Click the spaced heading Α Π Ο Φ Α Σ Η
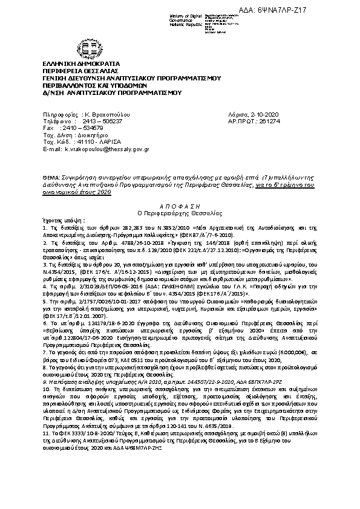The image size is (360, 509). click(180, 206)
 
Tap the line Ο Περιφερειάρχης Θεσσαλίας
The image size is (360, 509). click(180, 213)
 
